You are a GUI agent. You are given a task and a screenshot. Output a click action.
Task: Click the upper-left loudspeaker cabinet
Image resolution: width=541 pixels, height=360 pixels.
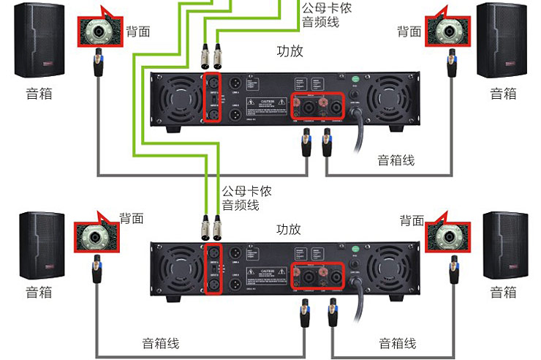click(x=39, y=41)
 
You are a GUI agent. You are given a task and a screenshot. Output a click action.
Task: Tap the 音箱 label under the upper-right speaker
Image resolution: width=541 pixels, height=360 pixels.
click(x=503, y=93)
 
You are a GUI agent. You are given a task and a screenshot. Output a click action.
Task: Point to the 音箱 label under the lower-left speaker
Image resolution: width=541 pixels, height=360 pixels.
click(x=39, y=292)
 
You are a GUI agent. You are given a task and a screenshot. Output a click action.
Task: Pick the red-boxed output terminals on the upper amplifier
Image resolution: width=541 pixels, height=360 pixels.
click(x=318, y=108)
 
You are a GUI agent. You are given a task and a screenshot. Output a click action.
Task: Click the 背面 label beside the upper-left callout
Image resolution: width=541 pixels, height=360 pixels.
click(x=139, y=31)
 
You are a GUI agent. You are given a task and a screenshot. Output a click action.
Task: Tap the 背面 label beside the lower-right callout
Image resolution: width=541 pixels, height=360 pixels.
click(x=412, y=220)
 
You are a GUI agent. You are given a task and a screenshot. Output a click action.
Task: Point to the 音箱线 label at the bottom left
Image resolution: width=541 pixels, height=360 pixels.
click(x=160, y=343)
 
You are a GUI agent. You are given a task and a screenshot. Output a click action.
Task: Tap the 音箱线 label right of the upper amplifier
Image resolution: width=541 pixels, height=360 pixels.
click(x=396, y=160)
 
